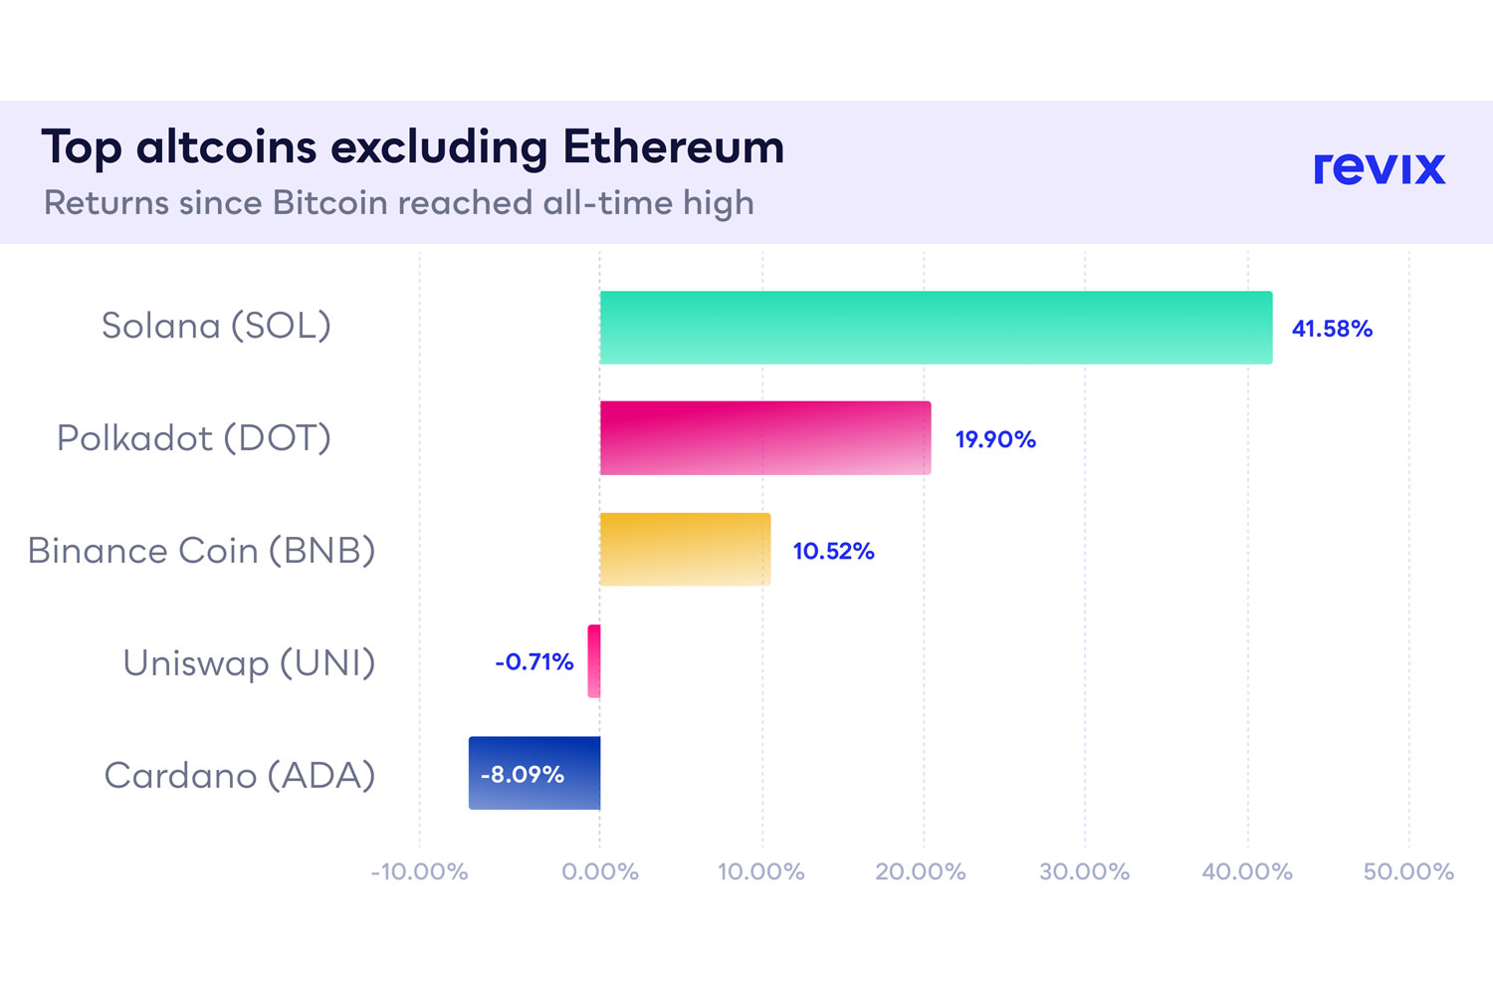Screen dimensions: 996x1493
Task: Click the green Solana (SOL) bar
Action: (x=936, y=328)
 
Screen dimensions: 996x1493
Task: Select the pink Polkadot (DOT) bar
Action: (x=765, y=438)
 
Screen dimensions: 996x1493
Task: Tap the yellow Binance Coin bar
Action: (x=685, y=550)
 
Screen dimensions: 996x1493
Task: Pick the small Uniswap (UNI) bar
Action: (x=594, y=661)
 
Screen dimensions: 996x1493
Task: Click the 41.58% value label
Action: (x=1332, y=329)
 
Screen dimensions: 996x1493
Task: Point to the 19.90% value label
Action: (x=995, y=439)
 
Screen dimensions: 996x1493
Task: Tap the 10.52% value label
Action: (x=833, y=551)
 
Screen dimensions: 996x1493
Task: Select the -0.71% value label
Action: (x=534, y=662)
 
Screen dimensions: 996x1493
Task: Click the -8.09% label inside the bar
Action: (x=523, y=775)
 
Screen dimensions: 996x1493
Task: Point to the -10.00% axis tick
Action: (x=419, y=872)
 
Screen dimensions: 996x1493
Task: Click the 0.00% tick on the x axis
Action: (x=600, y=872)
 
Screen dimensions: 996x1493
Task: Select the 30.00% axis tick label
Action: (x=1084, y=872)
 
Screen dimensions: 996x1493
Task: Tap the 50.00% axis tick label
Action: (x=1408, y=872)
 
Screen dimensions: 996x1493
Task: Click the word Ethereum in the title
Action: (x=673, y=147)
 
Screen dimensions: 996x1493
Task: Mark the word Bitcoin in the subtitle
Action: (x=329, y=203)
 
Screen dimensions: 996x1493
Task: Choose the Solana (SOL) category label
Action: (x=216, y=326)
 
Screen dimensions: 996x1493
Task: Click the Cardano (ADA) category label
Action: (x=240, y=775)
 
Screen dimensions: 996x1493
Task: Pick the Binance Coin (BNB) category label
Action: (x=201, y=551)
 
